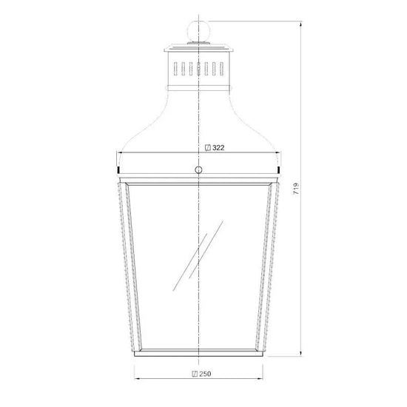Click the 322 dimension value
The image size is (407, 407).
pos(218,148)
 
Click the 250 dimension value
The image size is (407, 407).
pos(205,374)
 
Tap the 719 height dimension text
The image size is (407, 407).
pos(296,189)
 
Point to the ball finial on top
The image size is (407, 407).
pos(198,31)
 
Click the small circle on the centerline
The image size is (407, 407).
pos(198,169)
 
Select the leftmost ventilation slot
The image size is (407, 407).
pos(175,69)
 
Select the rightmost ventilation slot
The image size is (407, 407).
pos(221,69)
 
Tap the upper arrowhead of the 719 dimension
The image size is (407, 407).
pos(301,24)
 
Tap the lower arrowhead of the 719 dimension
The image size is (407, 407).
pos(301,353)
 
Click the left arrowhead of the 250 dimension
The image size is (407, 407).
pos(137,378)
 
